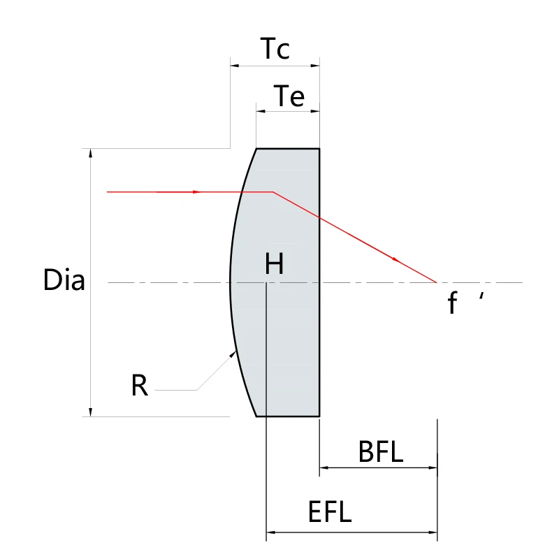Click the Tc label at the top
click(x=275, y=49)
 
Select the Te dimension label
click(x=289, y=96)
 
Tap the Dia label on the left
click(x=64, y=280)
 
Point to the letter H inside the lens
click(x=275, y=264)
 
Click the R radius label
click(x=140, y=386)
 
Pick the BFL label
click(x=381, y=452)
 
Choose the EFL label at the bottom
click(x=330, y=514)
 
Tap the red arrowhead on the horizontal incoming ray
click(x=198, y=191)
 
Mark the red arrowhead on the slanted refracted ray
click(x=398, y=259)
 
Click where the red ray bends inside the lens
click(x=273, y=191)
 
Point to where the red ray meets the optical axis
click(x=437, y=282)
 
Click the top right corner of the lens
click(x=319, y=149)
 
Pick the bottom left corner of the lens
click(x=256, y=416)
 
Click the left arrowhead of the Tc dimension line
click(x=234, y=66)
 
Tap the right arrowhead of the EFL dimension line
click(x=433, y=532)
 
